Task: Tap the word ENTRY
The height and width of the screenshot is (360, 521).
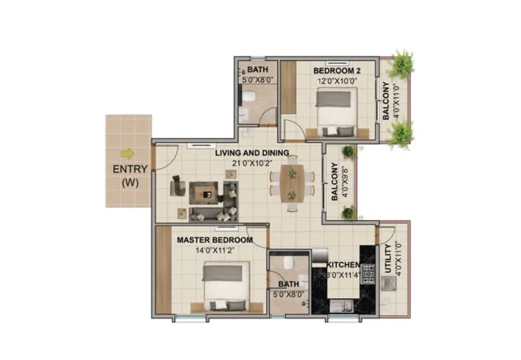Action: [130, 169]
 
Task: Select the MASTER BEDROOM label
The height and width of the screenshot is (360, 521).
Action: [215, 240]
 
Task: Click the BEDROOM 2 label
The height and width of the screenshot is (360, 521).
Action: [337, 70]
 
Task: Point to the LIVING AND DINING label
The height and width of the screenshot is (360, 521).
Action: [252, 152]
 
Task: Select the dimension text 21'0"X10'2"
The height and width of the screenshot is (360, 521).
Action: [252, 162]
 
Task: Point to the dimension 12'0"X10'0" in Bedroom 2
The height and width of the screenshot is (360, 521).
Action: [337, 81]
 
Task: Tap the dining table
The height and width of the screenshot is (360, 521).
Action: [292, 184]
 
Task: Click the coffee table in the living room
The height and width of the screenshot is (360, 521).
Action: [206, 192]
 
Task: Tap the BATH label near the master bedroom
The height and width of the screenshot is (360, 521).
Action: [288, 284]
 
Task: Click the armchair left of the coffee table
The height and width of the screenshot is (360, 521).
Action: [177, 186]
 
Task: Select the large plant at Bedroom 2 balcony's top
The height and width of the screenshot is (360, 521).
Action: [402, 63]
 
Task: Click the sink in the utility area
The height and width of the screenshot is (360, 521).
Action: [388, 284]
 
